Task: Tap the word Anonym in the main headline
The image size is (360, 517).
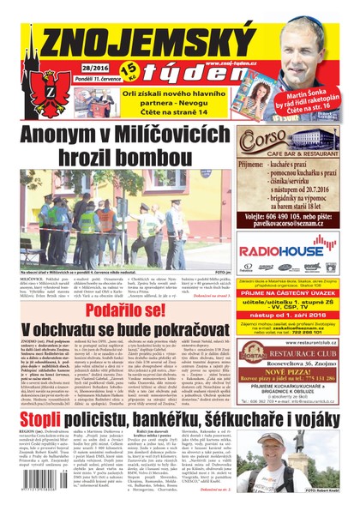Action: point(69,135)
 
